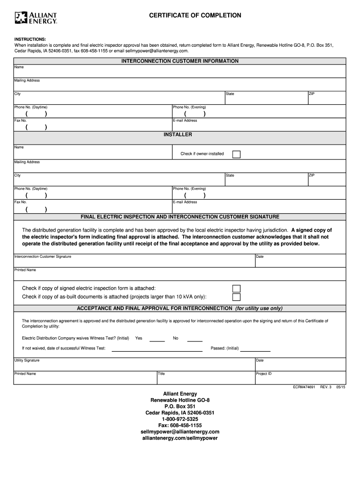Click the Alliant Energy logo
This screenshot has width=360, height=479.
36,18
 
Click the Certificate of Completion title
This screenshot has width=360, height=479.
195,15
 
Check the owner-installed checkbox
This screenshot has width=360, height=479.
237,154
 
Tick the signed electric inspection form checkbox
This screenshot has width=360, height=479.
237,288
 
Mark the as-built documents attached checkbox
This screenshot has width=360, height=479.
237,297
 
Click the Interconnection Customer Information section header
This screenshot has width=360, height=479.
180,61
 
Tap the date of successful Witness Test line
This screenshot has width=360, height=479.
157,350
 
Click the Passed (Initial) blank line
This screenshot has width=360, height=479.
255,350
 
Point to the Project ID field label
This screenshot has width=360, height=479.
264,374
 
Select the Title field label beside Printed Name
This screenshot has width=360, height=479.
161,374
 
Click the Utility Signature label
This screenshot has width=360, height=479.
27,361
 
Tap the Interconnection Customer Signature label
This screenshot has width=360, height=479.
43,257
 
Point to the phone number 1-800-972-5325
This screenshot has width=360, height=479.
180,419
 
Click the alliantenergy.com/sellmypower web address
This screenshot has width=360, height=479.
180,438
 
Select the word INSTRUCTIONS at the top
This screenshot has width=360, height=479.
30,39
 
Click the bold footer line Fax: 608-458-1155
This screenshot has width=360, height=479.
180,426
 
